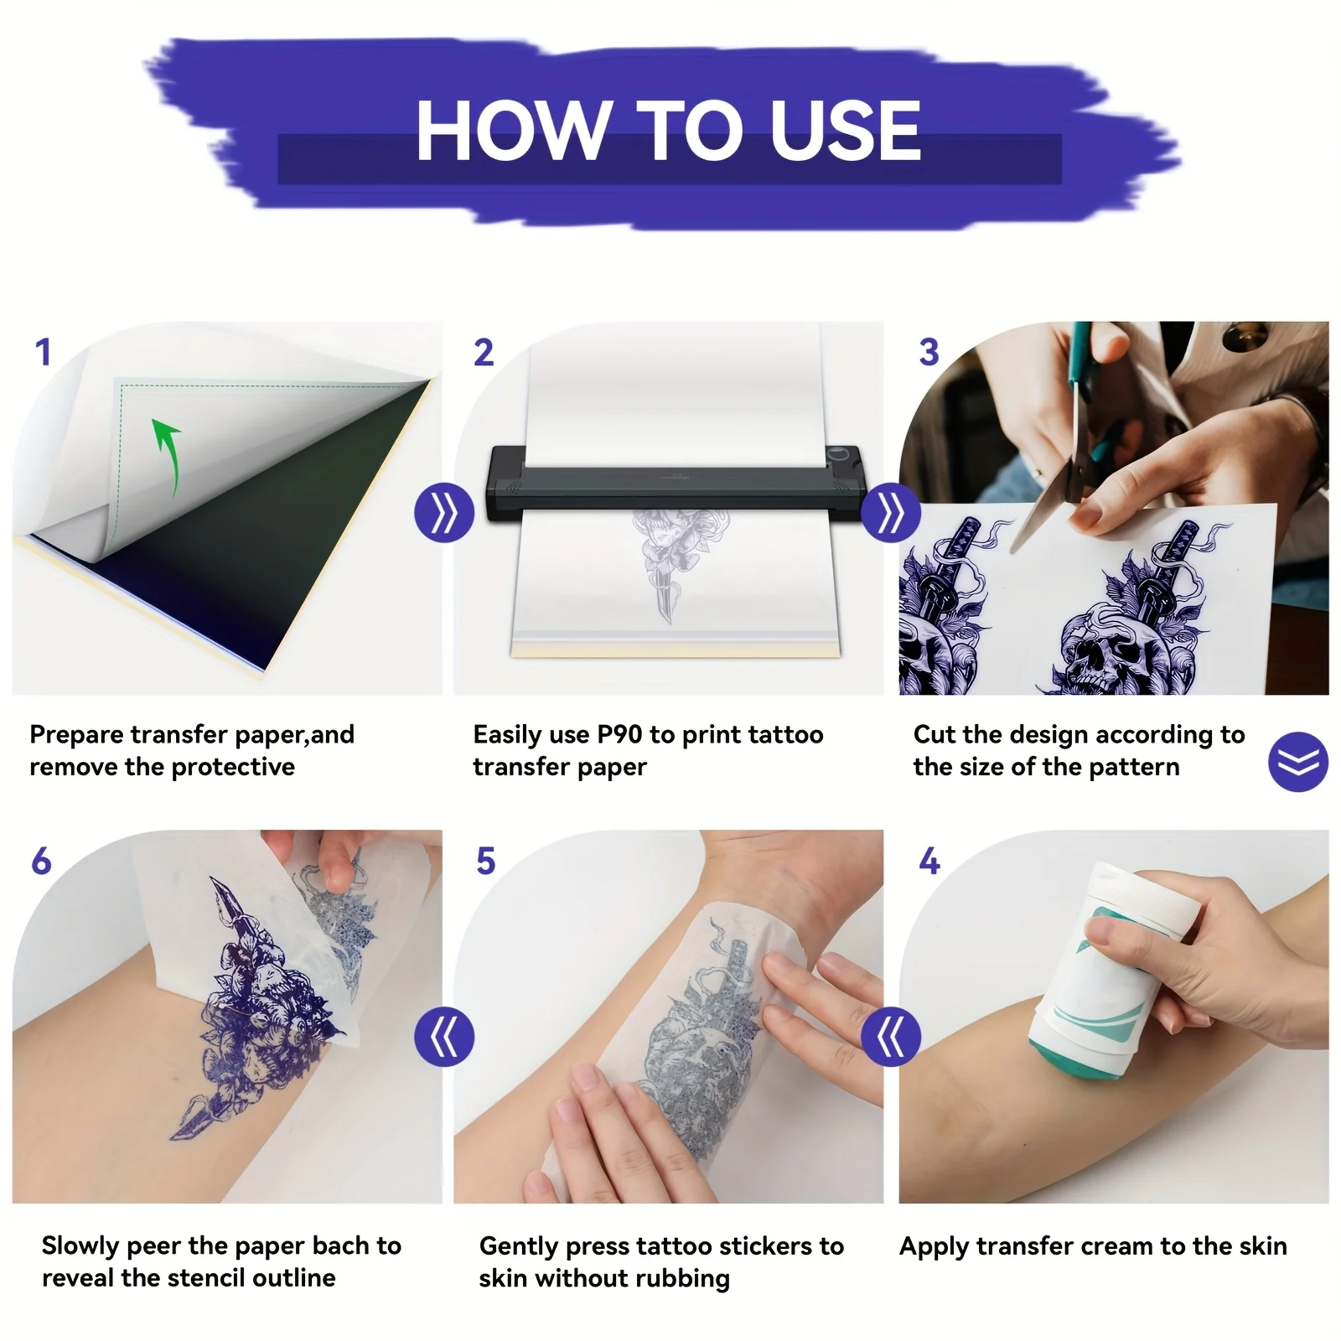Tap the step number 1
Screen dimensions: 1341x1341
point(44,352)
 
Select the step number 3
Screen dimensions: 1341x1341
point(929,352)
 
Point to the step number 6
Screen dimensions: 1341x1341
point(41,861)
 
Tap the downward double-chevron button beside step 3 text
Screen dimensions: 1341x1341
point(1298,762)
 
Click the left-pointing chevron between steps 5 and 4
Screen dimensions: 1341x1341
point(891,1037)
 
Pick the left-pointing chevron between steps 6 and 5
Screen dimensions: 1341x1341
point(444,1037)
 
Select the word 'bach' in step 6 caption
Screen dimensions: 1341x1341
point(339,1246)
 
